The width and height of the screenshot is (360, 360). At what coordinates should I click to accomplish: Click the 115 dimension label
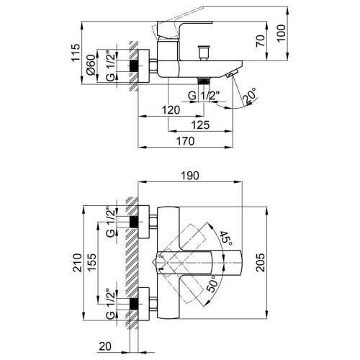coord(76,53)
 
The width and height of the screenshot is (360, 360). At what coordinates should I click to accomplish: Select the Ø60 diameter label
coord(91,65)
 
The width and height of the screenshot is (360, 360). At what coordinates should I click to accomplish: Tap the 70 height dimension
coord(261,40)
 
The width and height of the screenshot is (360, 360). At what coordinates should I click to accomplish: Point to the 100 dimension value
coord(282,33)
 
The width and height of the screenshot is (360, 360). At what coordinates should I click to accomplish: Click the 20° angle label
coord(250,96)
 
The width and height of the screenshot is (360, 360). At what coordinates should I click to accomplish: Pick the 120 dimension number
coord(171,110)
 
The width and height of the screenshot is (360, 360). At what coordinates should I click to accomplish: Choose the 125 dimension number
coord(200,125)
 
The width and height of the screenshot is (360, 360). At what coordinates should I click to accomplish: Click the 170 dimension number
coord(186,141)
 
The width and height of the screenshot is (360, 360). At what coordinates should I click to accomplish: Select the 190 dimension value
coord(190,176)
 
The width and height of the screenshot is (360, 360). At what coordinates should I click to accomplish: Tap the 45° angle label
coord(226,238)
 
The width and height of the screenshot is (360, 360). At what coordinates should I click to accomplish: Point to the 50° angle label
coord(213,284)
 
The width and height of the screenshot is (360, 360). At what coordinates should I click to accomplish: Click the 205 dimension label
coord(260,263)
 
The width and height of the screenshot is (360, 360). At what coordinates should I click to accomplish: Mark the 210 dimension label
coord(78,263)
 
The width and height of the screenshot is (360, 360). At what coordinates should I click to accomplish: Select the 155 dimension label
coord(92,262)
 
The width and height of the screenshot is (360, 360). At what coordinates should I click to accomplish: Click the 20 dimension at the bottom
coord(105,346)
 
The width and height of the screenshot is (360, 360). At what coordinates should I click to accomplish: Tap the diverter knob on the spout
coord(204,53)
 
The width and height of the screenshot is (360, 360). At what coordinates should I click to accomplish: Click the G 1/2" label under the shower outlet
coord(204,96)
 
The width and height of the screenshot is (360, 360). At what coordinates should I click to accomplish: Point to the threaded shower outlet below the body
coord(204,81)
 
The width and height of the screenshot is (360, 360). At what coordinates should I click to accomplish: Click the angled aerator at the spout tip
coord(232,73)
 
